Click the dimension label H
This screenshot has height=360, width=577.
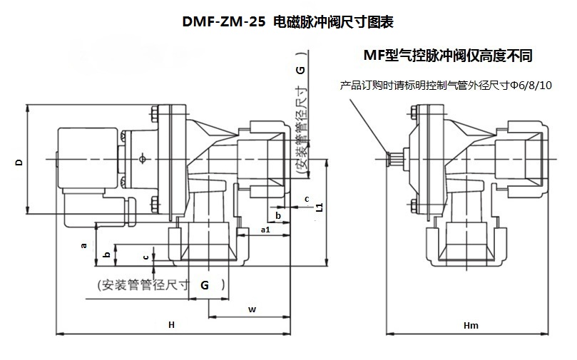click(x=171, y=324)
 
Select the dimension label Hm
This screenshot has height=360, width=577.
click(x=471, y=326)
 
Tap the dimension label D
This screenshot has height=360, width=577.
click(x=19, y=162)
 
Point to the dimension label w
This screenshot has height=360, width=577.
click(x=252, y=309)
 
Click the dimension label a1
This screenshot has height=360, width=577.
click(x=265, y=230)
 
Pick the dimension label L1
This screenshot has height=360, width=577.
click(x=320, y=207)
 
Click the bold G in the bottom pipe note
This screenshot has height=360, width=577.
click(x=205, y=284)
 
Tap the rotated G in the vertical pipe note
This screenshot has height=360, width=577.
click(x=301, y=70)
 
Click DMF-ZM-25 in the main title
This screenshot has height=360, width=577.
click(x=224, y=22)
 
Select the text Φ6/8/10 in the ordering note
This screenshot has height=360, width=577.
click(x=531, y=86)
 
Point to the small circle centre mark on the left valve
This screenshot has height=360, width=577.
click(x=143, y=159)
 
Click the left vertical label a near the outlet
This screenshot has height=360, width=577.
click(x=84, y=245)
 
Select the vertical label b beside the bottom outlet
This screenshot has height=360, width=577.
click(x=107, y=254)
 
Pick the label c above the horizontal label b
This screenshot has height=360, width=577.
click(x=307, y=200)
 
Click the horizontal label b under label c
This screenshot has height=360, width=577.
click(x=278, y=215)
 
